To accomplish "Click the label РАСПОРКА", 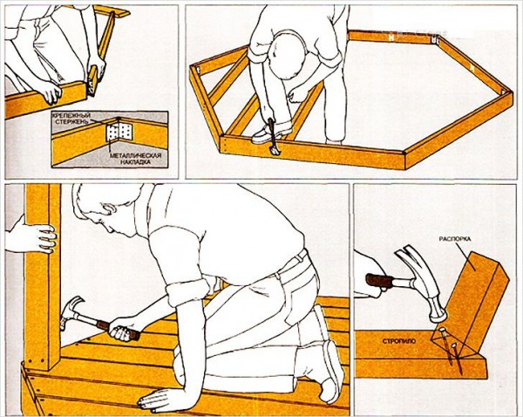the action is coord(455,239).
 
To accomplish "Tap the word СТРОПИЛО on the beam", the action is coord(399,341).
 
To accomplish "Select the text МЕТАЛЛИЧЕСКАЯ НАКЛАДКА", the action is coord(136,159).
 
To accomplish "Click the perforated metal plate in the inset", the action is coord(119,133).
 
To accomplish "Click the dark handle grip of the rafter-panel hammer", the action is coord(379,280).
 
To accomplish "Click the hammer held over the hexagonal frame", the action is coord(274,137).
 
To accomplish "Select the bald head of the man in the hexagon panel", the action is coord(288,55).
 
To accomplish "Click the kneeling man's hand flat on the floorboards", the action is coord(157,399).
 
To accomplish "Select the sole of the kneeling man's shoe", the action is coord(334,371).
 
